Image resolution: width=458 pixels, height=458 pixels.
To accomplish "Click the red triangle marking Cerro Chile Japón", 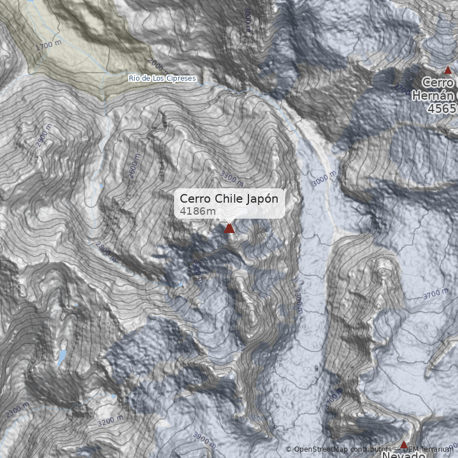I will coord(230,228).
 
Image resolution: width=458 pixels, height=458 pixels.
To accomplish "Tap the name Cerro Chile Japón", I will coord(229,198).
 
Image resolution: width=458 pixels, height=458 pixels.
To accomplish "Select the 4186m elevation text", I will coord(198,212).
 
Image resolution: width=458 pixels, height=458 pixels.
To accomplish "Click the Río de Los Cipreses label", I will coord(162,78).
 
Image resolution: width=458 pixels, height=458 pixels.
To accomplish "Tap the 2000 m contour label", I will coord(158,68).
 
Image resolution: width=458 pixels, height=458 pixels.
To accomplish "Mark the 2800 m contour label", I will coord(105,252).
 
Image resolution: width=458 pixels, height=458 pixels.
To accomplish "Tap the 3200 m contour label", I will coord(110,421).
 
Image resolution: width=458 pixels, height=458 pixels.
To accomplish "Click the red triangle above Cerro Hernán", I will coord(448,70).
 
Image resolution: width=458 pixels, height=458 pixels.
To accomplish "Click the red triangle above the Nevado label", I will coord(404,445).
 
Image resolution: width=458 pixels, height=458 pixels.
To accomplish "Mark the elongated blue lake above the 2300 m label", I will coord(61,358).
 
